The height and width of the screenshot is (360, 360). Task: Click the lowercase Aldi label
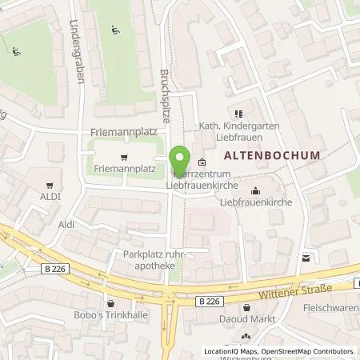click(x=66, y=225)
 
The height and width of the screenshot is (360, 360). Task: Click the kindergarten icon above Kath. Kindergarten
click(x=238, y=113)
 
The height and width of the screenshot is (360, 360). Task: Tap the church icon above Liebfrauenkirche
click(x=254, y=190)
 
